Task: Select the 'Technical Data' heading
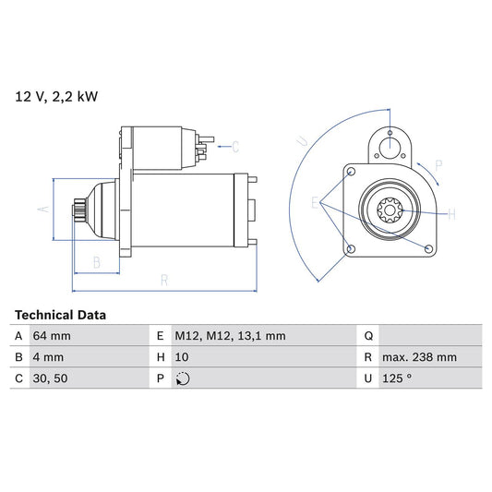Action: point(60,315)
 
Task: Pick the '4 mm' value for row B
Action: point(50,357)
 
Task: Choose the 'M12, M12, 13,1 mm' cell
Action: point(230,336)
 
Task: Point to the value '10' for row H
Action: point(183,357)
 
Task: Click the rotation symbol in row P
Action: point(183,378)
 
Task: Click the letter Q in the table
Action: point(368,336)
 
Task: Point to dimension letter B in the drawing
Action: point(96,262)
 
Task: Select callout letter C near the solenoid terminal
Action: point(235,146)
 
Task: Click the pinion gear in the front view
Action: point(390,211)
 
